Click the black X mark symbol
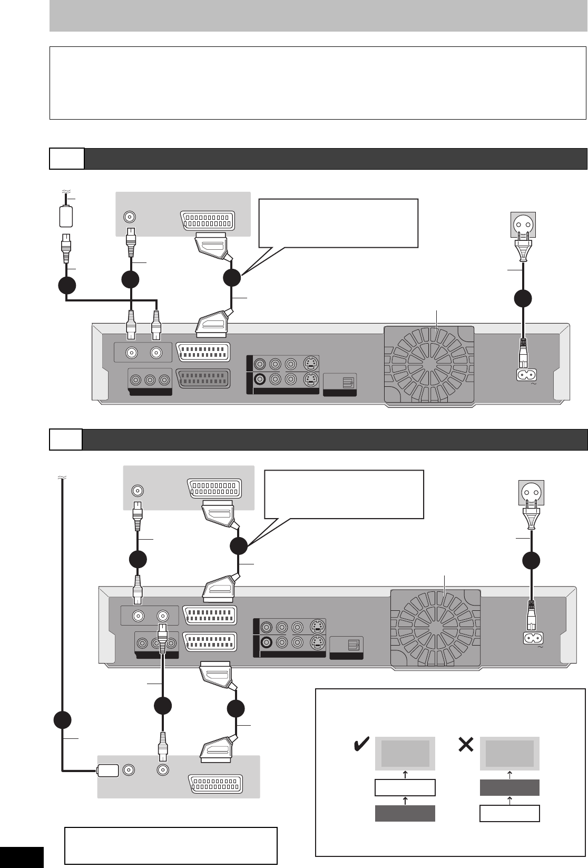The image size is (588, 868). click(466, 745)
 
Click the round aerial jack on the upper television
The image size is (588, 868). click(129, 217)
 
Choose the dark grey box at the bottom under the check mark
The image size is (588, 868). click(405, 813)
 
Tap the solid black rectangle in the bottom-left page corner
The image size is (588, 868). click(21, 857)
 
